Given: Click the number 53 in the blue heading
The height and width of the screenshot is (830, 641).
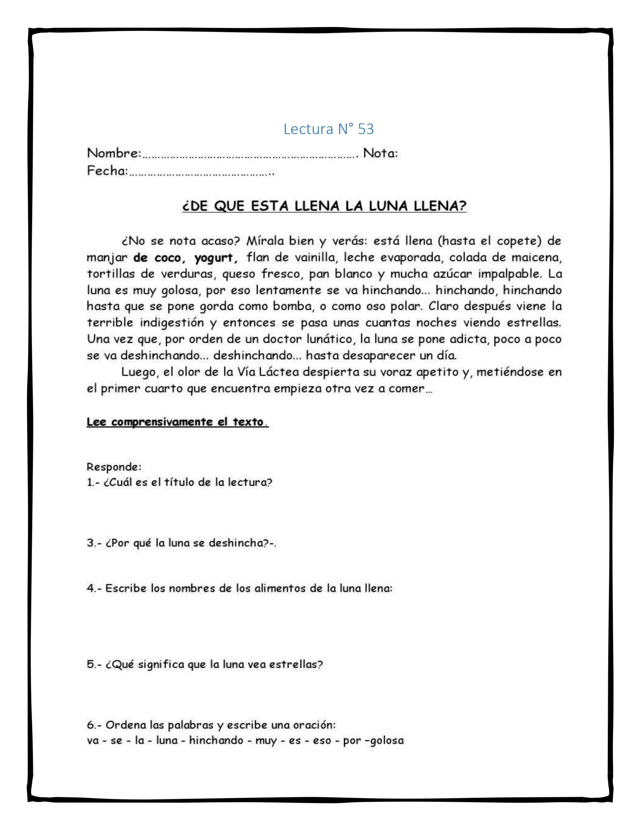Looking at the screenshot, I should pos(366,130).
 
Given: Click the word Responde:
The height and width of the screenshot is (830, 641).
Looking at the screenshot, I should pos(114,466).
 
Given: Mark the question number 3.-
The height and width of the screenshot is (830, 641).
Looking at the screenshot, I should pos(94,543).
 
